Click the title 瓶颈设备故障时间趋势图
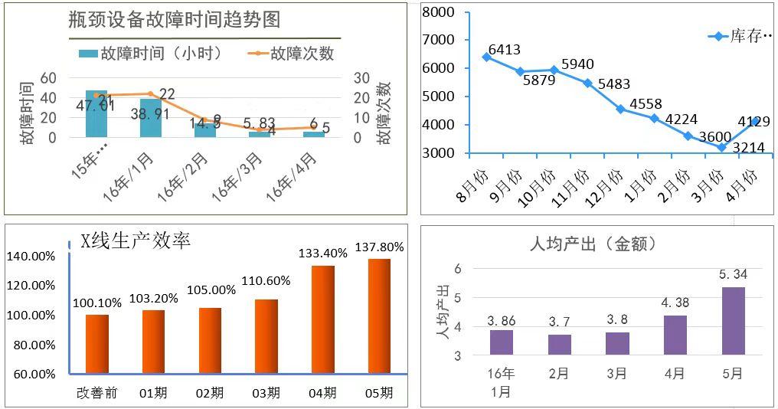174,20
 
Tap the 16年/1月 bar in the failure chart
151,118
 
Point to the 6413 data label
504,51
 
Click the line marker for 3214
721,147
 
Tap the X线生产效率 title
136,240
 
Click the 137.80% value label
380,247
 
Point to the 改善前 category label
97,393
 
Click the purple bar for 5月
733,321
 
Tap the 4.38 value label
675,303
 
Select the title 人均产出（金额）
593,244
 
